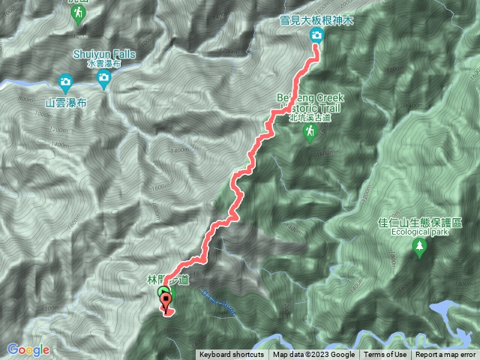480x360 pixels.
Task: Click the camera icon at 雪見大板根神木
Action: click(x=316, y=37)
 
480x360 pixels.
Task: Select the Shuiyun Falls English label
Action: click(x=104, y=55)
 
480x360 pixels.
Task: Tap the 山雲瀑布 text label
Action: click(x=65, y=102)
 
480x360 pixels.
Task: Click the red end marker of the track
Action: click(x=166, y=302)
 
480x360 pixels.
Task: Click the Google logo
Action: click(x=28, y=349)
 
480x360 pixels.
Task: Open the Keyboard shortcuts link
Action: click(x=231, y=355)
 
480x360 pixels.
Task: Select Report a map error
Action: click(x=447, y=355)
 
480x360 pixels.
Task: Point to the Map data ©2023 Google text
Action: click(x=314, y=355)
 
